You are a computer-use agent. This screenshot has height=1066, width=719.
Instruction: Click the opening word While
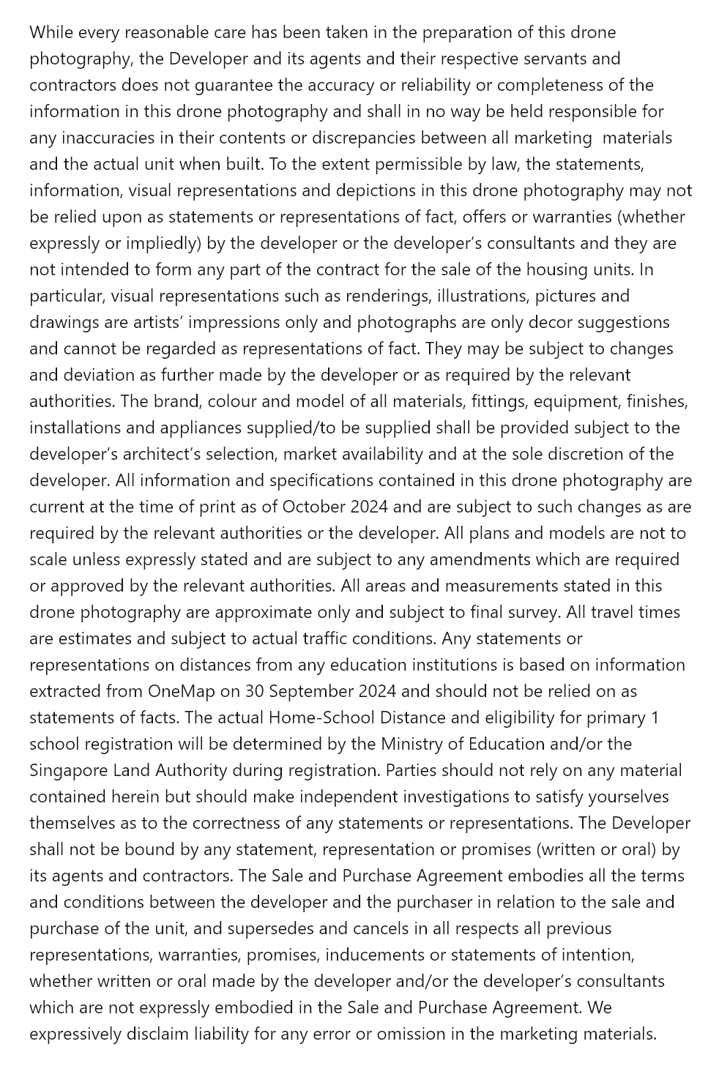(x=51, y=32)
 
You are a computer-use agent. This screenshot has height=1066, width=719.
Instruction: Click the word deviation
(x=100, y=375)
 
